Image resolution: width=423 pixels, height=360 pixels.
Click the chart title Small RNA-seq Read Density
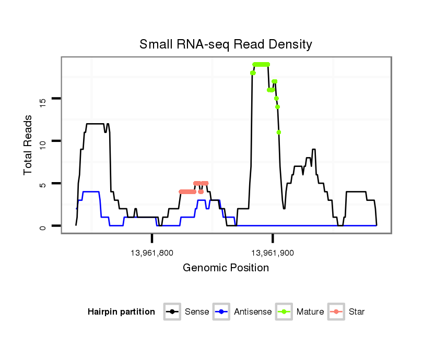[x=226, y=44]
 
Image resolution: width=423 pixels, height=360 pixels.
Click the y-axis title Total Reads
[x=29, y=145]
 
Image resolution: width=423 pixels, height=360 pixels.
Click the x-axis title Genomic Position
[x=226, y=268]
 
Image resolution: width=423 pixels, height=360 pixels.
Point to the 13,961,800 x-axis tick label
[x=152, y=253]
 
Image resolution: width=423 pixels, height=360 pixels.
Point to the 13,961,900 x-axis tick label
[x=272, y=253]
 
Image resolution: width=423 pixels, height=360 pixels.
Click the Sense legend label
[x=197, y=312]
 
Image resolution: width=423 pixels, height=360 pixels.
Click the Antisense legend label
[x=253, y=312]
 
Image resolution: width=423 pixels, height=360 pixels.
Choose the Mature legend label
[x=310, y=312]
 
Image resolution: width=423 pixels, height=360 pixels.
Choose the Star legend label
[x=357, y=312]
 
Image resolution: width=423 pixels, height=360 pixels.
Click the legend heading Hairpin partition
[x=121, y=312]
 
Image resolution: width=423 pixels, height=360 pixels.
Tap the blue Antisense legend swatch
[x=222, y=312]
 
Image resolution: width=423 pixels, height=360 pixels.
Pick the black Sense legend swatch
[x=173, y=312]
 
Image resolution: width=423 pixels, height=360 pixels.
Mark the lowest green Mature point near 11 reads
[x=279, y=132]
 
